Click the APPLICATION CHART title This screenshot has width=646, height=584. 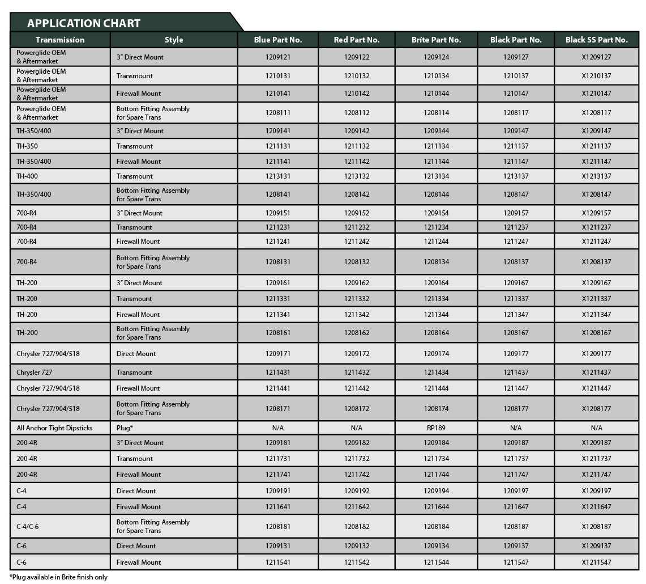[x=84, y=23]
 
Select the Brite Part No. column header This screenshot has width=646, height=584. [x=436, y=40]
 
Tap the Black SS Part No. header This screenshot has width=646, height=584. [x=596, y=40]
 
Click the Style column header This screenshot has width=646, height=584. [x=174, y=40]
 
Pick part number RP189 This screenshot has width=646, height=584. [x=436, y=428]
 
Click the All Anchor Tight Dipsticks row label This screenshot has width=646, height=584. [x=54, y=428]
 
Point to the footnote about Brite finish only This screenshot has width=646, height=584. [x=58, y=577]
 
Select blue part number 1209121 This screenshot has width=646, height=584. [x=277, y=57]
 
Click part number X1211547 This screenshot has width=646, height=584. [x=596, y=562]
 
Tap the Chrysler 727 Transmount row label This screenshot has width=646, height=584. [x=36, y=373]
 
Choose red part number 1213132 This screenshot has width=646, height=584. [x=357, y=176]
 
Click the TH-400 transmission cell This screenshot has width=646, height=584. [x=28, y=176]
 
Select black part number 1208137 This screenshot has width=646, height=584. [x=516, y=262]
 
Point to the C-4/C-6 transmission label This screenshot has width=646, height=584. [x=28, y=527]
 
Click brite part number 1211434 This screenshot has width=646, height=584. [x=436, y=373]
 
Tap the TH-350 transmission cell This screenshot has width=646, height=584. [x=27, y=146]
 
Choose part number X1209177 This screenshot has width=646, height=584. [x=596, y=354]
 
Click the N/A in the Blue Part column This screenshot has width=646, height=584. [x=277, y=428]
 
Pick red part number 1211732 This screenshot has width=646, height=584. [x=357, y=459]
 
